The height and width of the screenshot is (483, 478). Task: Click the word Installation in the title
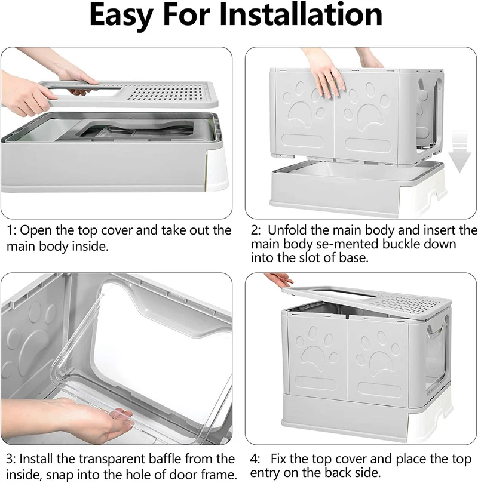pos(301,14)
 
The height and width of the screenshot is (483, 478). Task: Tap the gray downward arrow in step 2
pos(459,150)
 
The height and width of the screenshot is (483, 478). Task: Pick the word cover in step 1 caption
pos(117,230)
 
